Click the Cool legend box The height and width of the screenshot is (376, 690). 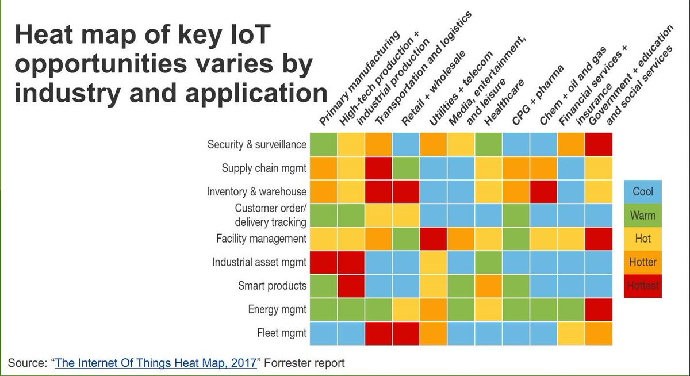coord(643,192)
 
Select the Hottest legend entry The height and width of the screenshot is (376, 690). coord(643,285)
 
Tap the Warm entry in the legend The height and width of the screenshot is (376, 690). coord(643,216)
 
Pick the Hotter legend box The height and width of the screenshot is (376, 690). coord(643,262)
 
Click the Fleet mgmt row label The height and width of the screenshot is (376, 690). coord(281,333)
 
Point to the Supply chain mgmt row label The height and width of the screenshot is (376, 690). coord(264,168)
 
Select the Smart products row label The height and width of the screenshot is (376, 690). coord(272,286)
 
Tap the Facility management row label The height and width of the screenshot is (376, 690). coord(261,239)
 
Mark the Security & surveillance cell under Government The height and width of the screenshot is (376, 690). coord(599,145)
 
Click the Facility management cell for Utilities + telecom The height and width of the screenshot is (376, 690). coord(434,239)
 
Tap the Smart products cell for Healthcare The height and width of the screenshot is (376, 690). coord(489,286)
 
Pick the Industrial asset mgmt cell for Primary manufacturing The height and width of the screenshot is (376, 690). coord(323,262)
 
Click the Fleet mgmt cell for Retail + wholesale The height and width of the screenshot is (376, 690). coord(406,333)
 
